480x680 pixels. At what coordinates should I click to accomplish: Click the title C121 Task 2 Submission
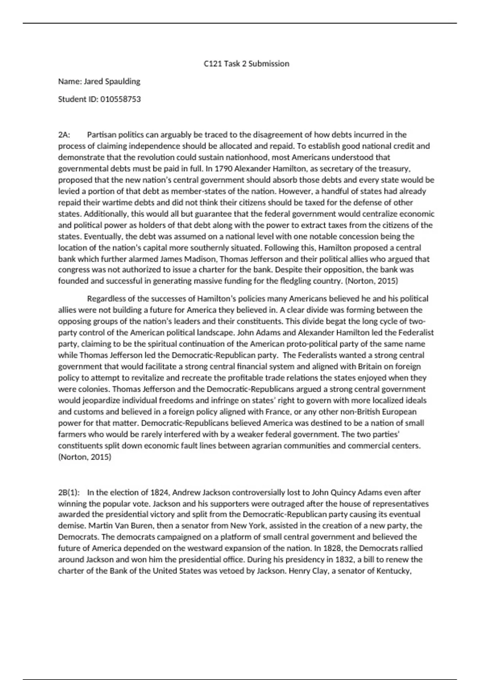246,64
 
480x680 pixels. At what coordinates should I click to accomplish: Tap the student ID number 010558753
120,99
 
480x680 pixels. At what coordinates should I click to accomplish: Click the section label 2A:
64,135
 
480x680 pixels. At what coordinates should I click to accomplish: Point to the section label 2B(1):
69,492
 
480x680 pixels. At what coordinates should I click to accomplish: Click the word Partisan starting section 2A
101,135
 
